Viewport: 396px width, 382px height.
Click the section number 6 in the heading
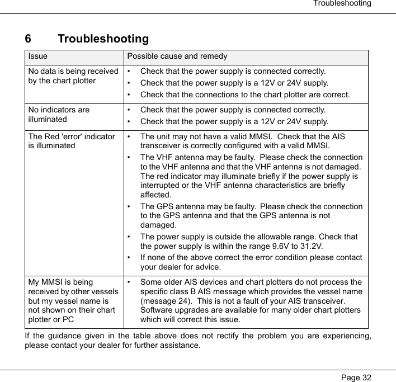(x=29, y=39)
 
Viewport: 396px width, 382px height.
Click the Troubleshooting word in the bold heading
(x=103, y=39)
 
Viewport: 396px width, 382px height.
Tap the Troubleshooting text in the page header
(x=342, y=4)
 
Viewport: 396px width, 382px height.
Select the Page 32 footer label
(x=356, y=378)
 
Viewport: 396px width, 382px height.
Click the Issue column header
(x=38, y=56)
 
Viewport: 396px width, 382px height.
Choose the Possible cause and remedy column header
(x=177, y=56)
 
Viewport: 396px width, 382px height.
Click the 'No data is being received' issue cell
(x=73, y=76)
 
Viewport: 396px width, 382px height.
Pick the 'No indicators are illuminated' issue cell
(x=59, y=114)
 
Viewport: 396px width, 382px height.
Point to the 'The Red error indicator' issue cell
(x=72, y=141)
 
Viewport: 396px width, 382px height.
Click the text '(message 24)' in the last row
(x=163, y=301)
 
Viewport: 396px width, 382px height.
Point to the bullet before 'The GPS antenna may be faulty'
(x=130, y=206)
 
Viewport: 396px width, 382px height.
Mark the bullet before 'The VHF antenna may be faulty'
(x=130, y=158)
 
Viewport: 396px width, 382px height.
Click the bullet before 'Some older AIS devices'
(x=130, y=282)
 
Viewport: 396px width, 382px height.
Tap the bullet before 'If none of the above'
(x=130, y=258)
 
